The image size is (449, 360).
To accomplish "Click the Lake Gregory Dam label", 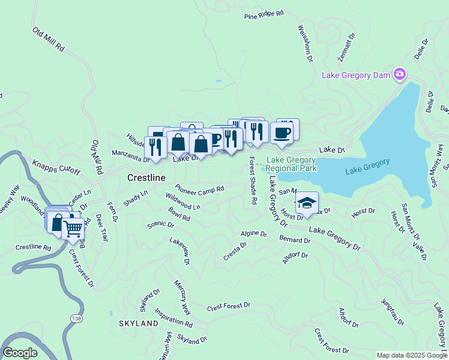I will (356, 75).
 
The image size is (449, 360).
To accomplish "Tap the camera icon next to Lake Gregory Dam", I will (399, 74).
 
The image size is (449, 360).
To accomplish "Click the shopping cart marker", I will (73, 229).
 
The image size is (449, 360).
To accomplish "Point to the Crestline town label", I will (146, 178).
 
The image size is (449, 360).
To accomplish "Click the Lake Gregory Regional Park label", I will (291, 164).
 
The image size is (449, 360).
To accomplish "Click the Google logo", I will (20, 353).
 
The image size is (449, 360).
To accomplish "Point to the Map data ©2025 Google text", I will (411, 355).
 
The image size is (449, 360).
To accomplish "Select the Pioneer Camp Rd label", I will (199, 188).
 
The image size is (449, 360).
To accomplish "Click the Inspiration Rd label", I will (173, 317).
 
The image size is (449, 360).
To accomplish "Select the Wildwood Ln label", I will (183, 202).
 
